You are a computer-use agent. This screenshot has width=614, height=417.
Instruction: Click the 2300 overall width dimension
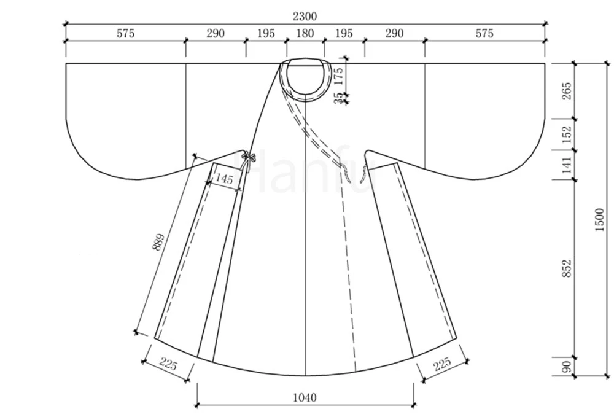[305, 16]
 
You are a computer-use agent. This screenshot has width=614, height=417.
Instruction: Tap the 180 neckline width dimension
[305, 33]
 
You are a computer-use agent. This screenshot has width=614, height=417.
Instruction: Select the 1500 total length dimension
[599, 220]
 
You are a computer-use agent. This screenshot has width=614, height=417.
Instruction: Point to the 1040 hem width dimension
[305, 398]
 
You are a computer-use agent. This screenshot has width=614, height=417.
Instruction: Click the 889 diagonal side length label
[158, 243]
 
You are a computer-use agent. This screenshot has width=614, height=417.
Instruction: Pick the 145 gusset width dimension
[224, 179]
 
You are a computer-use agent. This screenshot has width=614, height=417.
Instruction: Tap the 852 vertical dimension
[567, 268]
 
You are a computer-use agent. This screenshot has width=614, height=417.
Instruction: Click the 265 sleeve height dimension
[567, 91]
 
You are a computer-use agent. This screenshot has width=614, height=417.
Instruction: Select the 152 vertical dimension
[567, 134]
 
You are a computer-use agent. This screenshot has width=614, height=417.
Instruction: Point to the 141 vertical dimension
[567, 165]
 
